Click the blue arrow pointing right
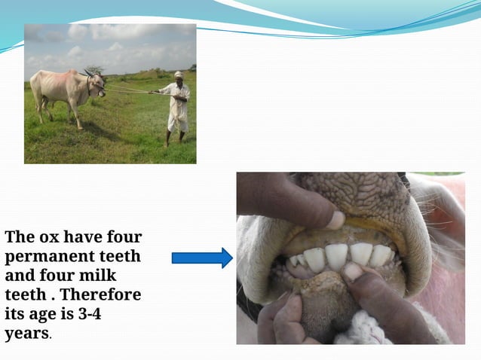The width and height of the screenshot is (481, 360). click(x=202, y=258)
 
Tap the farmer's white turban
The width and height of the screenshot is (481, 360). click(x=178, y=74)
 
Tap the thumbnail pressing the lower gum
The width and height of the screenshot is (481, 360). click(x=352, y=270)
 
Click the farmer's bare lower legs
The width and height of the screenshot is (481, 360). click(x=175, y=137)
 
